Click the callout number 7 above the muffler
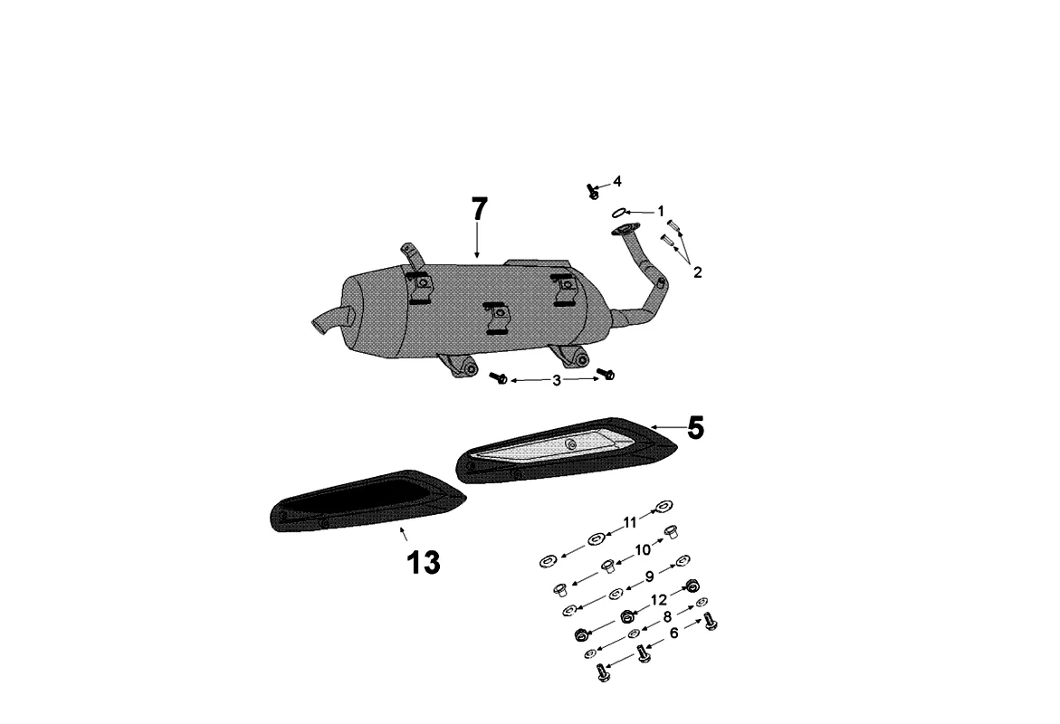point(479,209)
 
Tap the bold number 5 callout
point(694,428)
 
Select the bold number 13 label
point(423,563)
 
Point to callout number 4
point(617,181)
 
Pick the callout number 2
point(697,271)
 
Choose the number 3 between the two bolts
point(557,381)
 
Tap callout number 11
point(630,522)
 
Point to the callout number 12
point(659,599)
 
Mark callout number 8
point(668,617)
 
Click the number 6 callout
point(673,634)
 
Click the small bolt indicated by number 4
point(593,191)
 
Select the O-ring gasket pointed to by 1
point(619,213)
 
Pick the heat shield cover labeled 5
point(570,451)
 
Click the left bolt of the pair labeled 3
point(499,378)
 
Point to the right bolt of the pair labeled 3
point(607,375)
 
